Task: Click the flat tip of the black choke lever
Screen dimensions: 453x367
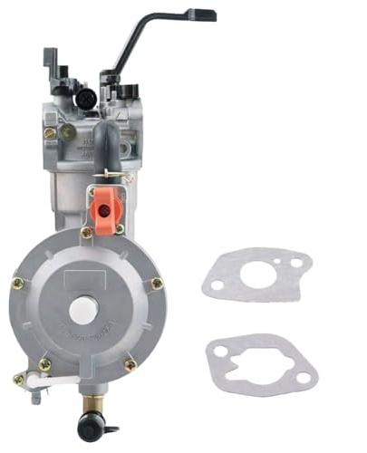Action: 205,14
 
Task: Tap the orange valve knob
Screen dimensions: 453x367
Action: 104,209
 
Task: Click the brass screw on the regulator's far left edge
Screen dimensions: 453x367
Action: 16,284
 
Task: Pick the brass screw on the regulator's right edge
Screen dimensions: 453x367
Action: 157,284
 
